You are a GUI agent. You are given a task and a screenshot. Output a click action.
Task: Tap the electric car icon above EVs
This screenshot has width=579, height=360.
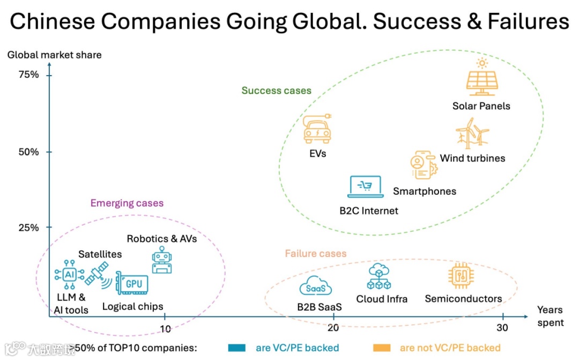317,128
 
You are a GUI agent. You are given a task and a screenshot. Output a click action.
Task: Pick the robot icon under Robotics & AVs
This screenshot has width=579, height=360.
162,261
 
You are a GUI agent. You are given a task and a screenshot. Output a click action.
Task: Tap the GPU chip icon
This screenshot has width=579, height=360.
131,282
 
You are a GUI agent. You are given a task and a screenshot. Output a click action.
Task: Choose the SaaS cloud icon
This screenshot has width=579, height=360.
315,288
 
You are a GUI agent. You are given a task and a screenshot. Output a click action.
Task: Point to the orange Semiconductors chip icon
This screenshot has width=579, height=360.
461,276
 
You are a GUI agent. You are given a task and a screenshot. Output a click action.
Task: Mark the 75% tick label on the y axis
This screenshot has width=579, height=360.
29,75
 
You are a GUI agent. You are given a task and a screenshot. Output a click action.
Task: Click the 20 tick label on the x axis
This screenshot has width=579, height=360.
333,328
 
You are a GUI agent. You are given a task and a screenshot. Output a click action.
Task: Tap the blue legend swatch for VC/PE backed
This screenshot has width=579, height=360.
236,348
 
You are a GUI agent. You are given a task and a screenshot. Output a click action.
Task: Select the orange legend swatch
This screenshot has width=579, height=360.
381,348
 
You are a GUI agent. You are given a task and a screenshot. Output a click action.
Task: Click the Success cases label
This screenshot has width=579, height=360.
276,91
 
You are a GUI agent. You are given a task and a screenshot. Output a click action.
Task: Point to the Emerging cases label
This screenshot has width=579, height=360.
127,203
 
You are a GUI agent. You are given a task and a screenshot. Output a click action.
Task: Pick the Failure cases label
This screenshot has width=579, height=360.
315,254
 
